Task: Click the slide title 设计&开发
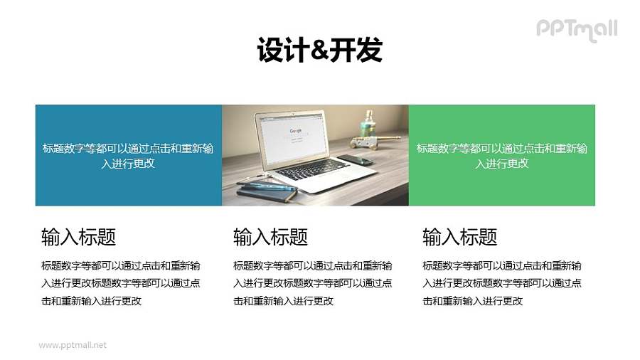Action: coord(319,51)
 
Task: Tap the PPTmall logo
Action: coord(576,29)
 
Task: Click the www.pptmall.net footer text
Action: coord(73,345)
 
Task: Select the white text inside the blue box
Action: coord(128,156)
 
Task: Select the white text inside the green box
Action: coord(501,156)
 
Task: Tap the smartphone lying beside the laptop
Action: coord(355,160)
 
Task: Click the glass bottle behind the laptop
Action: coord(370,127)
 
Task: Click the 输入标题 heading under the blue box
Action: coord(79,237)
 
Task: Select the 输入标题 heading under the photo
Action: coord(270,237)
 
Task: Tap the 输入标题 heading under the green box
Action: coord(459,237)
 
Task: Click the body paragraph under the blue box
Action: coord(121,283)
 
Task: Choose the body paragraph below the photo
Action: coord(312,283)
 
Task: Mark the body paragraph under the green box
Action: coord(501,283)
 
